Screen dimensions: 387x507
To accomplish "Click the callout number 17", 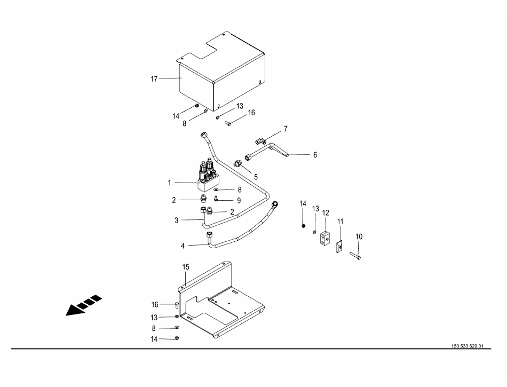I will tap(154, 79).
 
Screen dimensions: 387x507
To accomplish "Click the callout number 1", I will tap(169, 183).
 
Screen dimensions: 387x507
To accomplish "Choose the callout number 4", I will tap(183, 246).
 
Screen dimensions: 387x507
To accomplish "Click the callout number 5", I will tap(256, 176).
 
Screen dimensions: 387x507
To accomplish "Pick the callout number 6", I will tap(315, 155).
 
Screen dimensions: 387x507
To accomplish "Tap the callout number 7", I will tap(286, 129).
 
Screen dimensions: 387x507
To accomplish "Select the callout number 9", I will tap(239, 201).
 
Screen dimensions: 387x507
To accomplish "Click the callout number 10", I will tap(359, 236).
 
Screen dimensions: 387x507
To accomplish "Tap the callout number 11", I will tap(340, 221).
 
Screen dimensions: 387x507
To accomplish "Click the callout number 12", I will tap(325, 212).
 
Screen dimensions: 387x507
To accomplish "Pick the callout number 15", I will tap(186, 266).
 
